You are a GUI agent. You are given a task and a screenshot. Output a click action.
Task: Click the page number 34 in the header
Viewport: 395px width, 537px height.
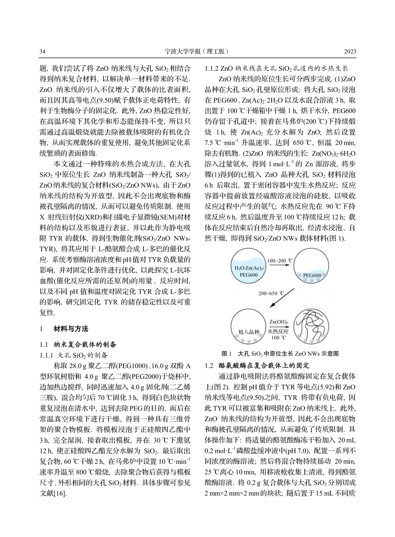point(42,52)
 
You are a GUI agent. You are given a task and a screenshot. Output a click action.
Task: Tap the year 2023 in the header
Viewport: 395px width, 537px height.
point(350,52)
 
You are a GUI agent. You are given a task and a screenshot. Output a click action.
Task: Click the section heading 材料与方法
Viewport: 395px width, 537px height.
point(71,329)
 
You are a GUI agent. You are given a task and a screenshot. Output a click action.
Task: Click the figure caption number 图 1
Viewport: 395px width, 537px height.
point(227,354)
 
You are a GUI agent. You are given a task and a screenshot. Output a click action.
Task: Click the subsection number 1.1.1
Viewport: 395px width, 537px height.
point(47,355)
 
